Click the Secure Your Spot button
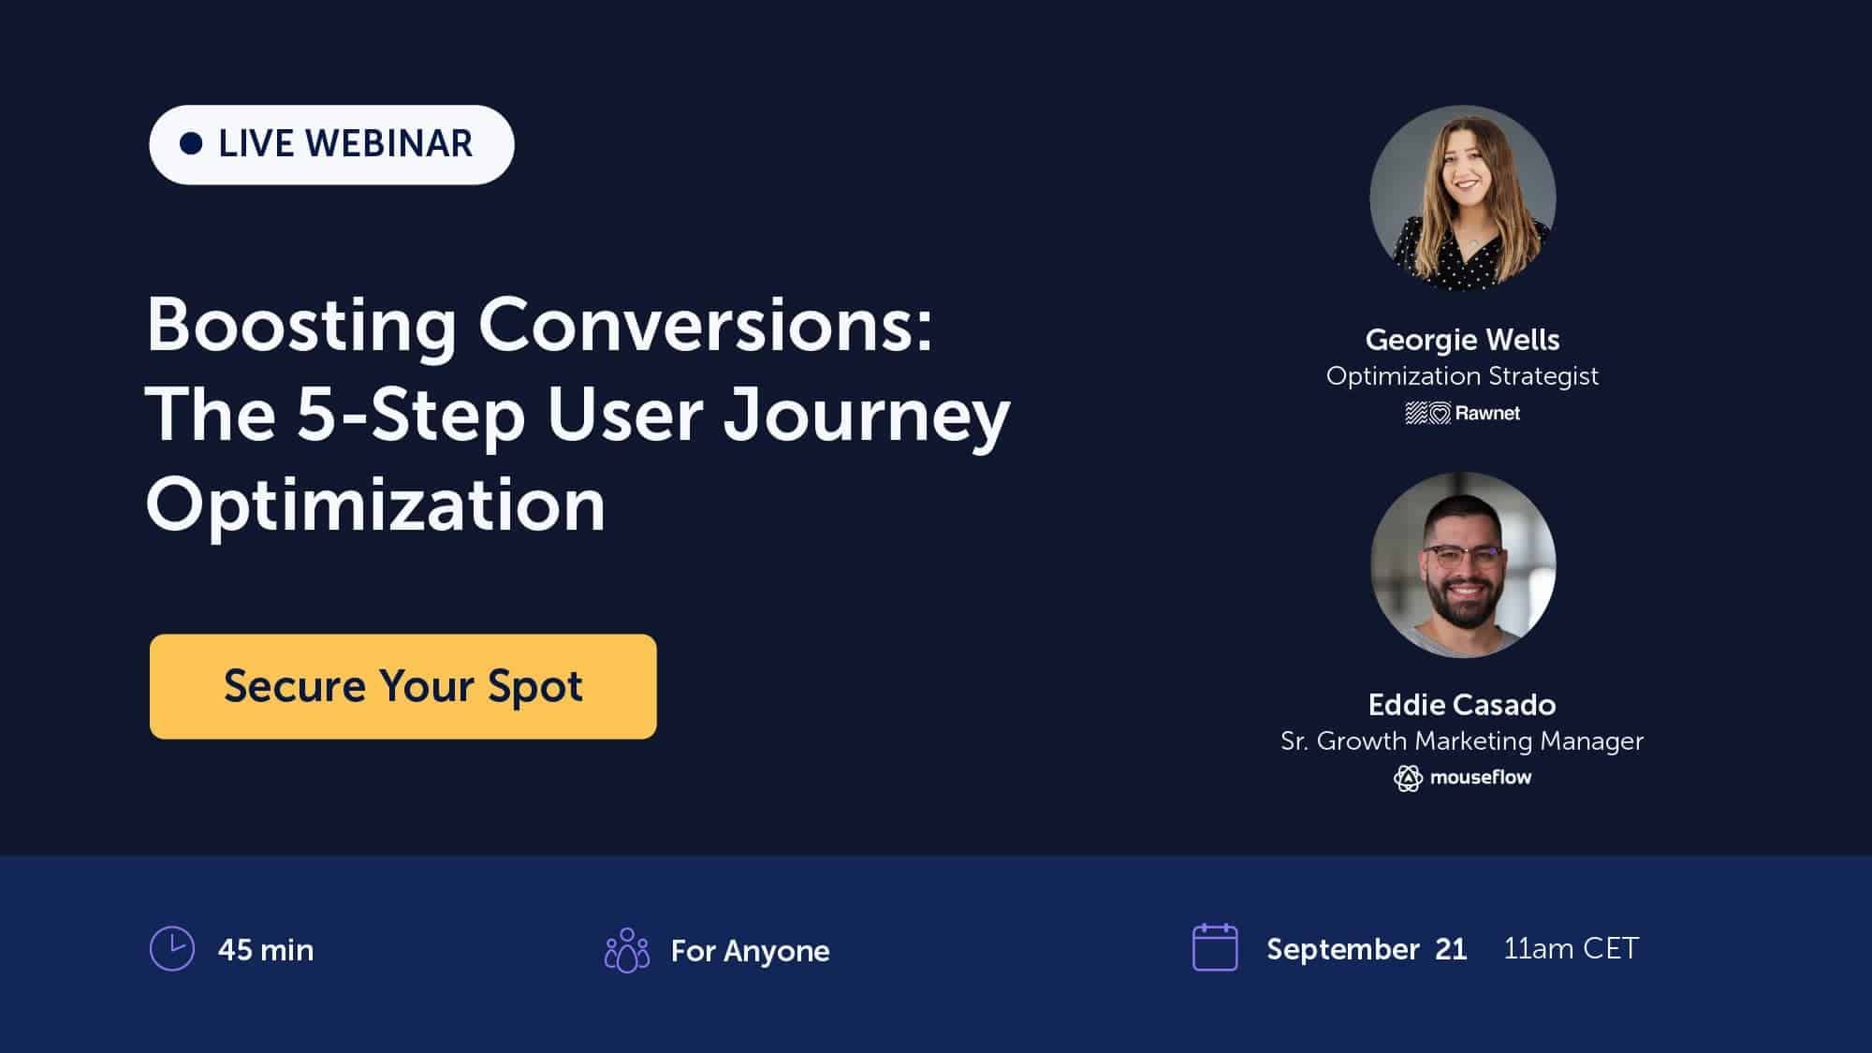402,686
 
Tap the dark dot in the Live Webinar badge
191,144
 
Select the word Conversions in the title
706,325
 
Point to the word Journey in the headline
867,415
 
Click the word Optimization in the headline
375,505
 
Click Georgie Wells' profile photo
1462,197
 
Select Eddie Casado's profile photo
1462,564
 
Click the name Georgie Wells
1462,339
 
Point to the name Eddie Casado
1462,704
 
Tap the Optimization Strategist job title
1462,375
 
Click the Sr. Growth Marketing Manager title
1462,740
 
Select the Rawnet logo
1462,413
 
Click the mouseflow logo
1462,778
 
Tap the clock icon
172,949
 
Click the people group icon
627,950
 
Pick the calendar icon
1215,947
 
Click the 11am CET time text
1571,948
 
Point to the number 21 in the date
1451,949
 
